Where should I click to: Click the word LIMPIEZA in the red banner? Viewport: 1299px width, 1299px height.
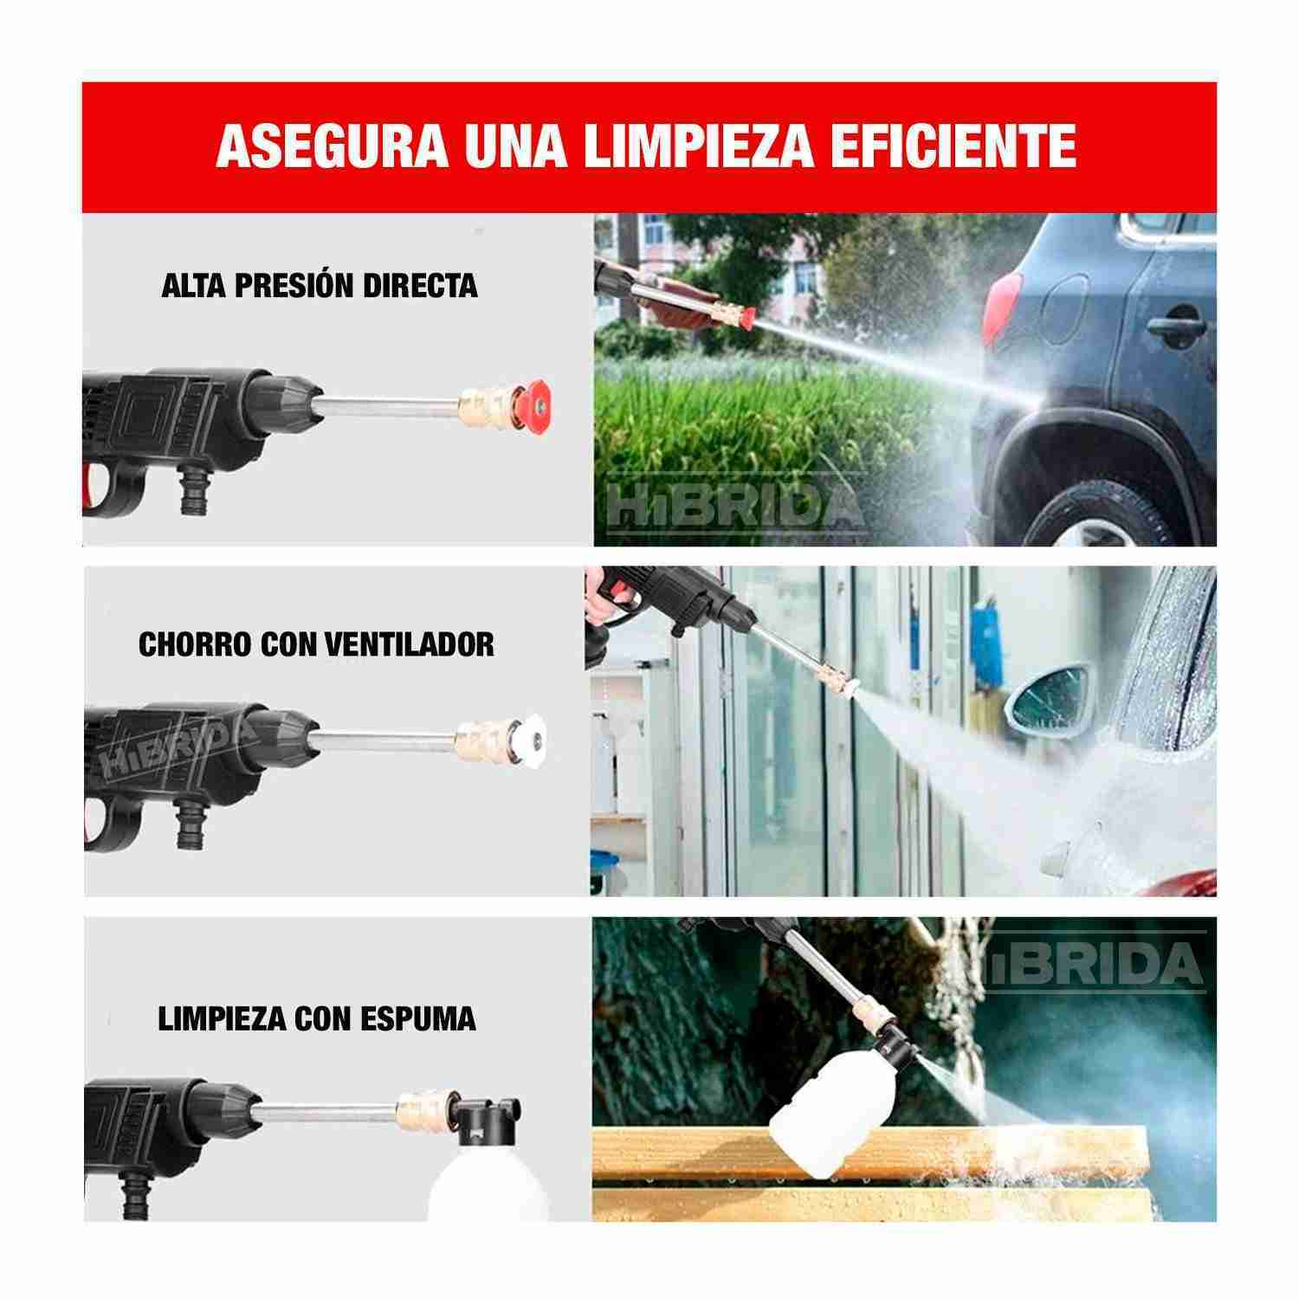click(698, 147)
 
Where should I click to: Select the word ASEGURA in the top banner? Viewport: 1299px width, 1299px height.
click(332, 147)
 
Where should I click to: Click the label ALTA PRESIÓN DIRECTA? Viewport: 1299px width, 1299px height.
click(320, 286)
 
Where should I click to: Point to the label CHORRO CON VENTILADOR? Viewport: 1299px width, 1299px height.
click(316, 644)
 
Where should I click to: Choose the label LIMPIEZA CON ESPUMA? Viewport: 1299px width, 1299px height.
click(317, 1018)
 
